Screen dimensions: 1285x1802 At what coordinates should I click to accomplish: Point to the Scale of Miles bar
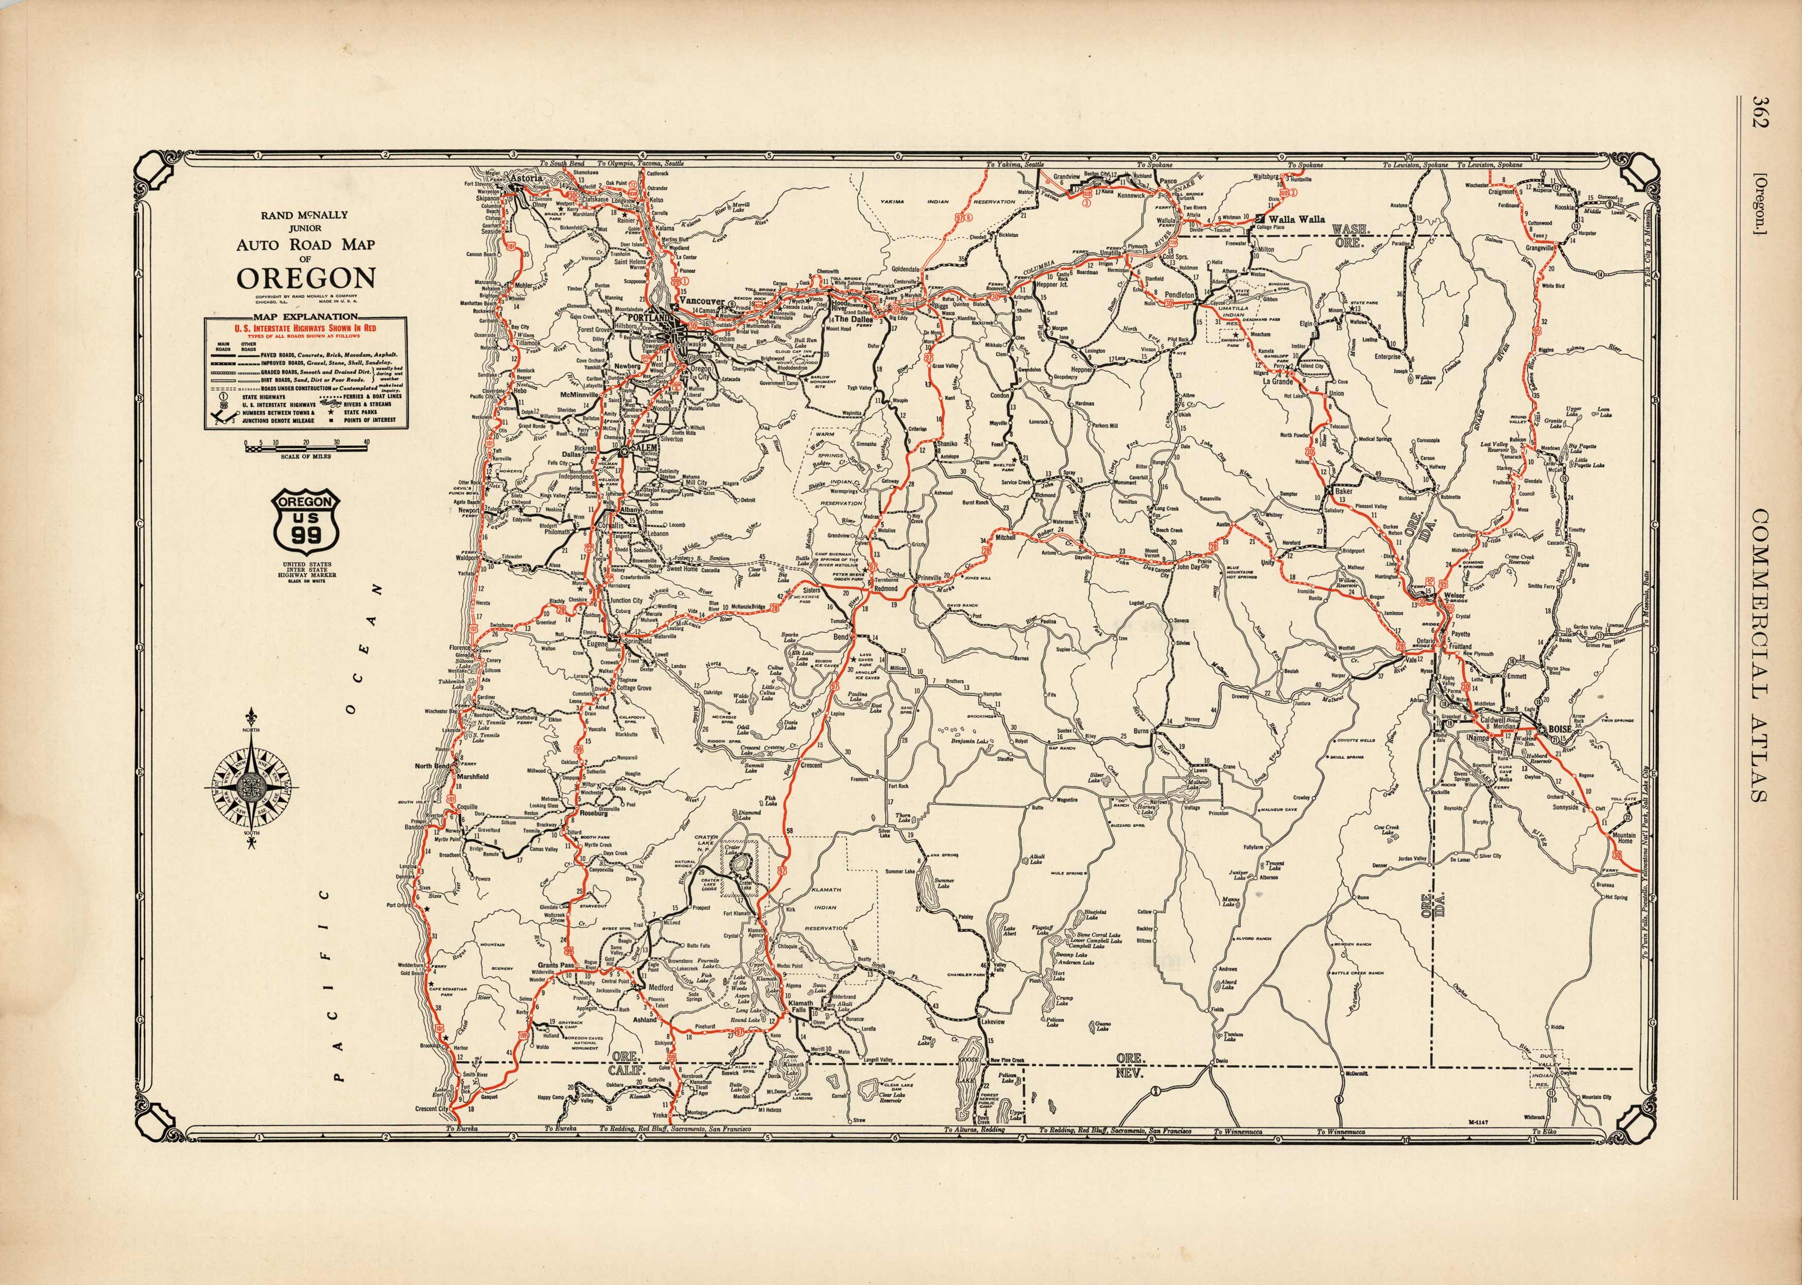pos(289,448)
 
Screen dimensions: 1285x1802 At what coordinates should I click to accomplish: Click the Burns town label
pos(1141,731)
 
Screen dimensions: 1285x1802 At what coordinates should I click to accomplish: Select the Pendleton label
pos(1179,294)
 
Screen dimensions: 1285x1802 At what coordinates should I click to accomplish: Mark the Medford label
pos(661,988)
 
